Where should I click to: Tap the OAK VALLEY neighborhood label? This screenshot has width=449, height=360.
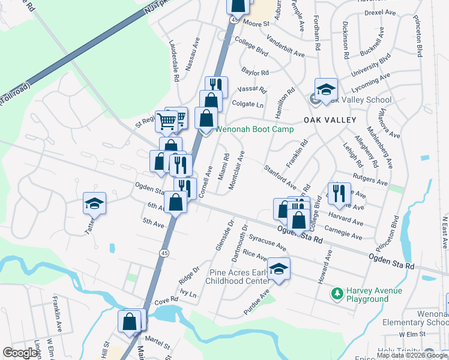[x=330, y=120]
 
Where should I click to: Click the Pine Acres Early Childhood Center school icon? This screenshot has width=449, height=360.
[x=279, y=269]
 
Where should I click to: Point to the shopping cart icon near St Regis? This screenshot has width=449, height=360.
[x=166, y=121]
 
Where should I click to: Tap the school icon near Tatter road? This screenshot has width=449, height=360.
[x=94, y=203]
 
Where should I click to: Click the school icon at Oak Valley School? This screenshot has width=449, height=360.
[x=326, y=89]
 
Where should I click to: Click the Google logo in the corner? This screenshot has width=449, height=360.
[x=20, y=353]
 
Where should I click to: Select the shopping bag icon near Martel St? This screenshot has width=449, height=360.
[x=130, y=321]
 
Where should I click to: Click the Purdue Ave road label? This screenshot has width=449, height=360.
[x=256, y=302]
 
